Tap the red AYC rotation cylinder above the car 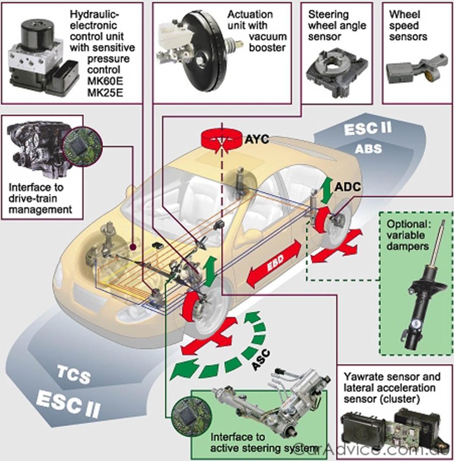pos(220,140)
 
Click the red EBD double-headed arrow pos(273,265)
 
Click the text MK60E pos(105,81)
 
